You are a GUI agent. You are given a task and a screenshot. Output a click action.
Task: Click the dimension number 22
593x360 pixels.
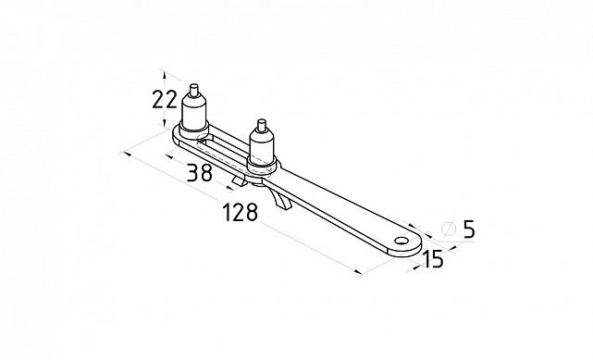[165, 99]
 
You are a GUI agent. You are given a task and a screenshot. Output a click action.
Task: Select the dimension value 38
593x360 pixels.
[200, 172]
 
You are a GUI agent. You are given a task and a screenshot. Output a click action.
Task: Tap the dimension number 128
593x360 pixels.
[241, 212]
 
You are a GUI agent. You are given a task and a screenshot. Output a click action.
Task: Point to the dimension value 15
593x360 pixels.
[432, 259]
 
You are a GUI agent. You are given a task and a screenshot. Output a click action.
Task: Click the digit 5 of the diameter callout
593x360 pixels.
[469, 229]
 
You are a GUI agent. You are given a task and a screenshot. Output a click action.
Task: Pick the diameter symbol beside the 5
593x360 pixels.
[449, 229]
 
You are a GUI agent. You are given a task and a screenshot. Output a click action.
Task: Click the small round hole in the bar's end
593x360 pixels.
[401, 241]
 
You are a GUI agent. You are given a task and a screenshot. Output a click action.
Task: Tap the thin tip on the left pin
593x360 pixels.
[194, 90]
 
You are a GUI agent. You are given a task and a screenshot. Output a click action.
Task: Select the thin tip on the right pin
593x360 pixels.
[261, 125]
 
